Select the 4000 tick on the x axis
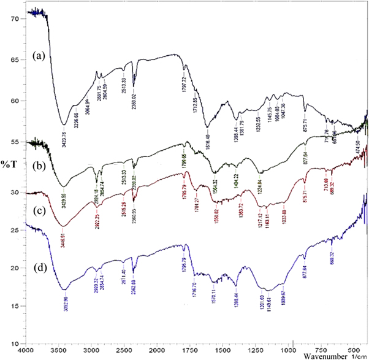point(25,349)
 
